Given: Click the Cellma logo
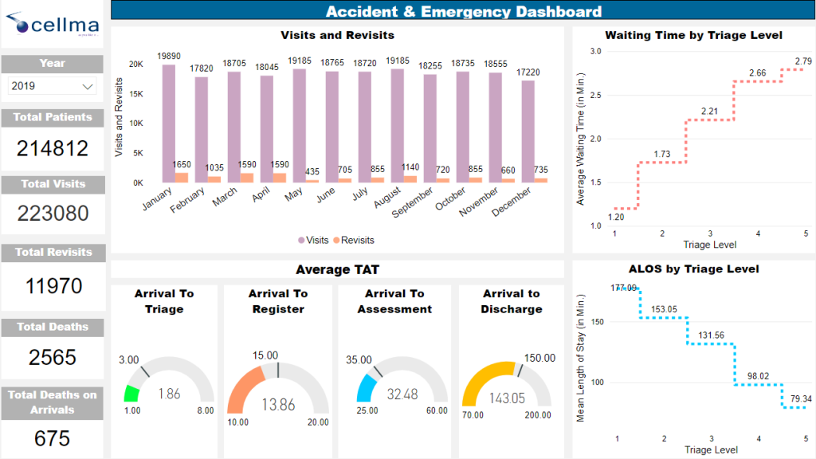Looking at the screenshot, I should click(x=52, y=25).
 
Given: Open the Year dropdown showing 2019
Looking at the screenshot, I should click(x=52, y=86).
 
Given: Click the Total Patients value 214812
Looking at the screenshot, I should click(x=53, y=148).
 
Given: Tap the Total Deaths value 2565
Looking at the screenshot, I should click(x=53, y=358).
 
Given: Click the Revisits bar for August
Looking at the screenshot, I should click(x=410, y=178).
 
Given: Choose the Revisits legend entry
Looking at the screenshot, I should click(x=353, y=240).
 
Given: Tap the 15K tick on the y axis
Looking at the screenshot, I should click(x=136, y=94).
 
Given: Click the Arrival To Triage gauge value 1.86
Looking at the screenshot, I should click(x=170, y=393).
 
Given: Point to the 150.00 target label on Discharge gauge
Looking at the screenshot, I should click(x=540, y=359).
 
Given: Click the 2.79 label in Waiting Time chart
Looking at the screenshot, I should click(x=803, y=61).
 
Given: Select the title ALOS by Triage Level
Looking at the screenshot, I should click(x=692, y=269).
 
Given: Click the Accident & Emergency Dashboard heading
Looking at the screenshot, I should click(x=463, y=11).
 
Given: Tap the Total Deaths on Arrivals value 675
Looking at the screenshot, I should click(x=53, y=438).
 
